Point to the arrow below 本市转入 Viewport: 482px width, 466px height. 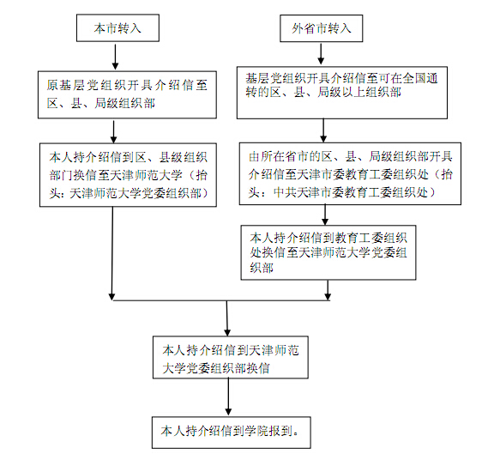115,57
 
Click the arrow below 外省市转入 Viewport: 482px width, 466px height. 321,54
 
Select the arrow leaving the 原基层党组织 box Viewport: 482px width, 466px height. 113,131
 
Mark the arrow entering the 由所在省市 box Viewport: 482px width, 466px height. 323,130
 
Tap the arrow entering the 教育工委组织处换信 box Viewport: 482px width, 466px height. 325,215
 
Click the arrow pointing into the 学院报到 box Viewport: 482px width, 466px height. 228,397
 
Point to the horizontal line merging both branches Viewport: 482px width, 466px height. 220,300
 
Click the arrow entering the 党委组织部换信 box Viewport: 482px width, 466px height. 227,318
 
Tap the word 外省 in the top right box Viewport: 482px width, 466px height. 303,28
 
